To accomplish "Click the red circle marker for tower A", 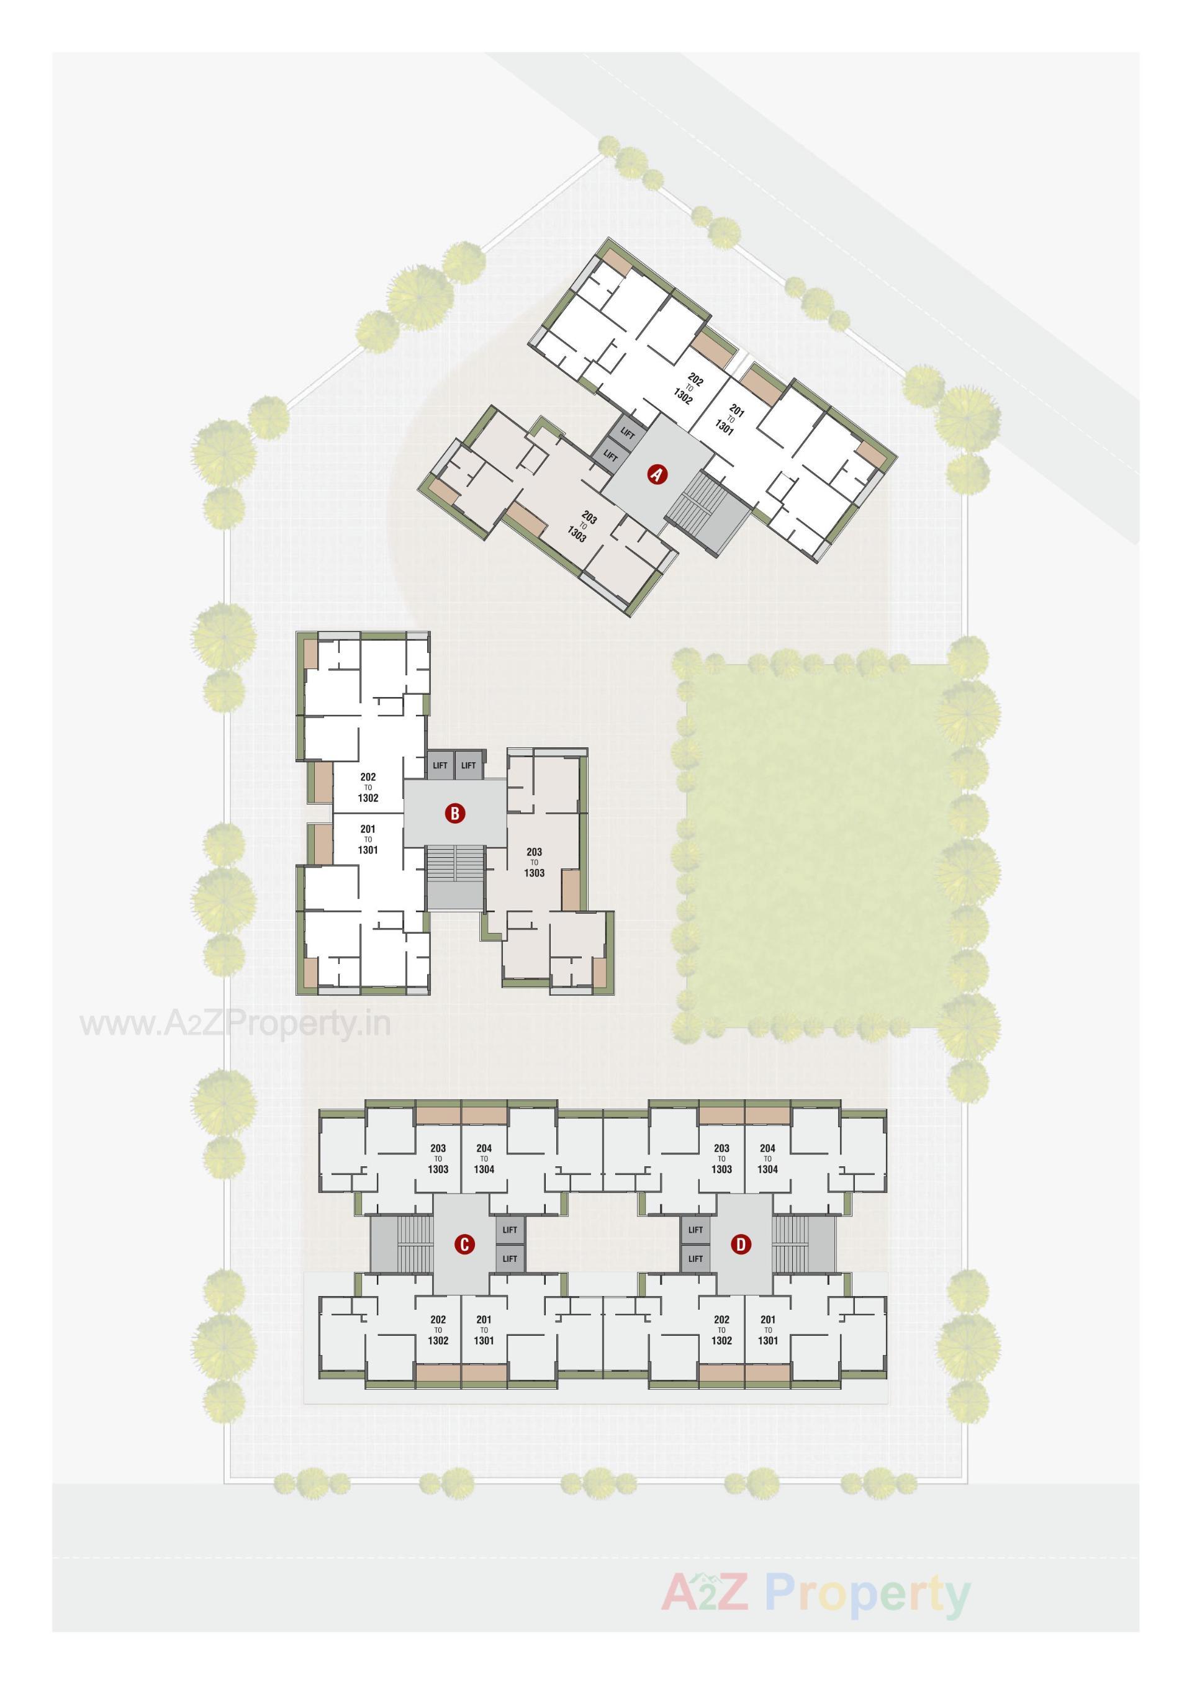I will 656,475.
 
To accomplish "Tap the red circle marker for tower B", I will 455,813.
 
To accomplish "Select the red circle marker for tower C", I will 464,1244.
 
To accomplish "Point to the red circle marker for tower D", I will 741,1244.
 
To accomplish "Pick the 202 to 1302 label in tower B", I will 368,787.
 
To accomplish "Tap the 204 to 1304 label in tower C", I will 484,1159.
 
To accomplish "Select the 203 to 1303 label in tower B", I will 535,862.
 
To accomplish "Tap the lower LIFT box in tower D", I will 695,1258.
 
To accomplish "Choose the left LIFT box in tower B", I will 440,765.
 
